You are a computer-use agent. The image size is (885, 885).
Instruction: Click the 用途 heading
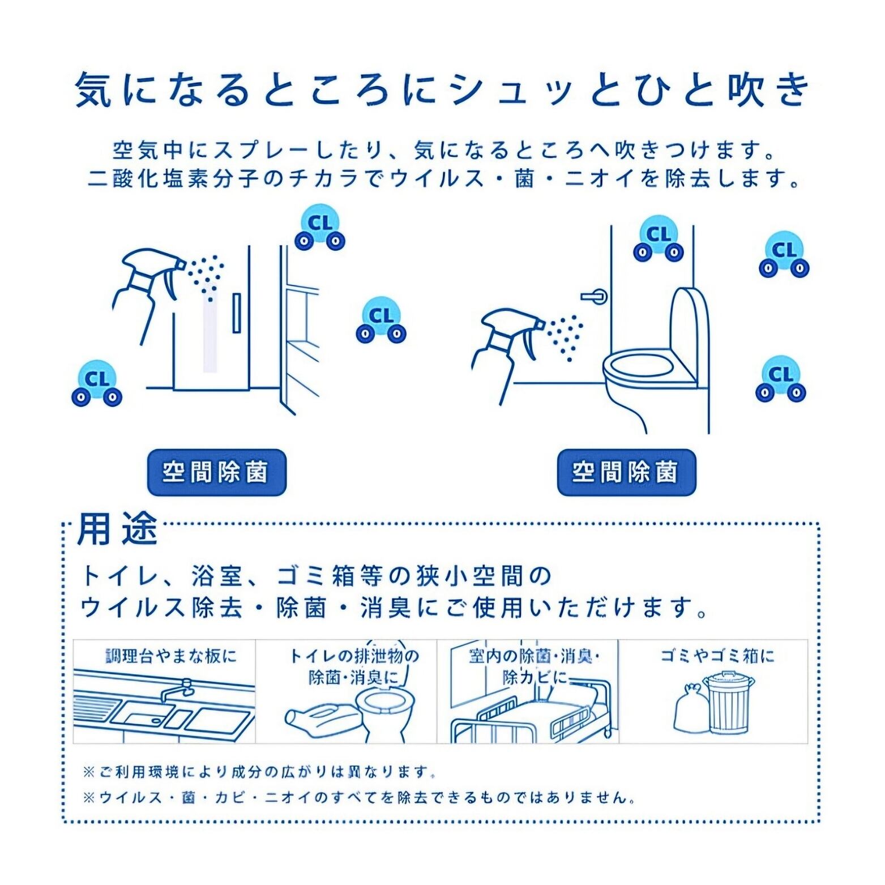coord(117,529)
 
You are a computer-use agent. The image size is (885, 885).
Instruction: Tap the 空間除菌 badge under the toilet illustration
coord(626,472)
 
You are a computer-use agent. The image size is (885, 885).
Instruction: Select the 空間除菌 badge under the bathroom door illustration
coord(216,472)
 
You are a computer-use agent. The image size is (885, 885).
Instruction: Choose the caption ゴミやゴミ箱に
coord(717,656)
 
